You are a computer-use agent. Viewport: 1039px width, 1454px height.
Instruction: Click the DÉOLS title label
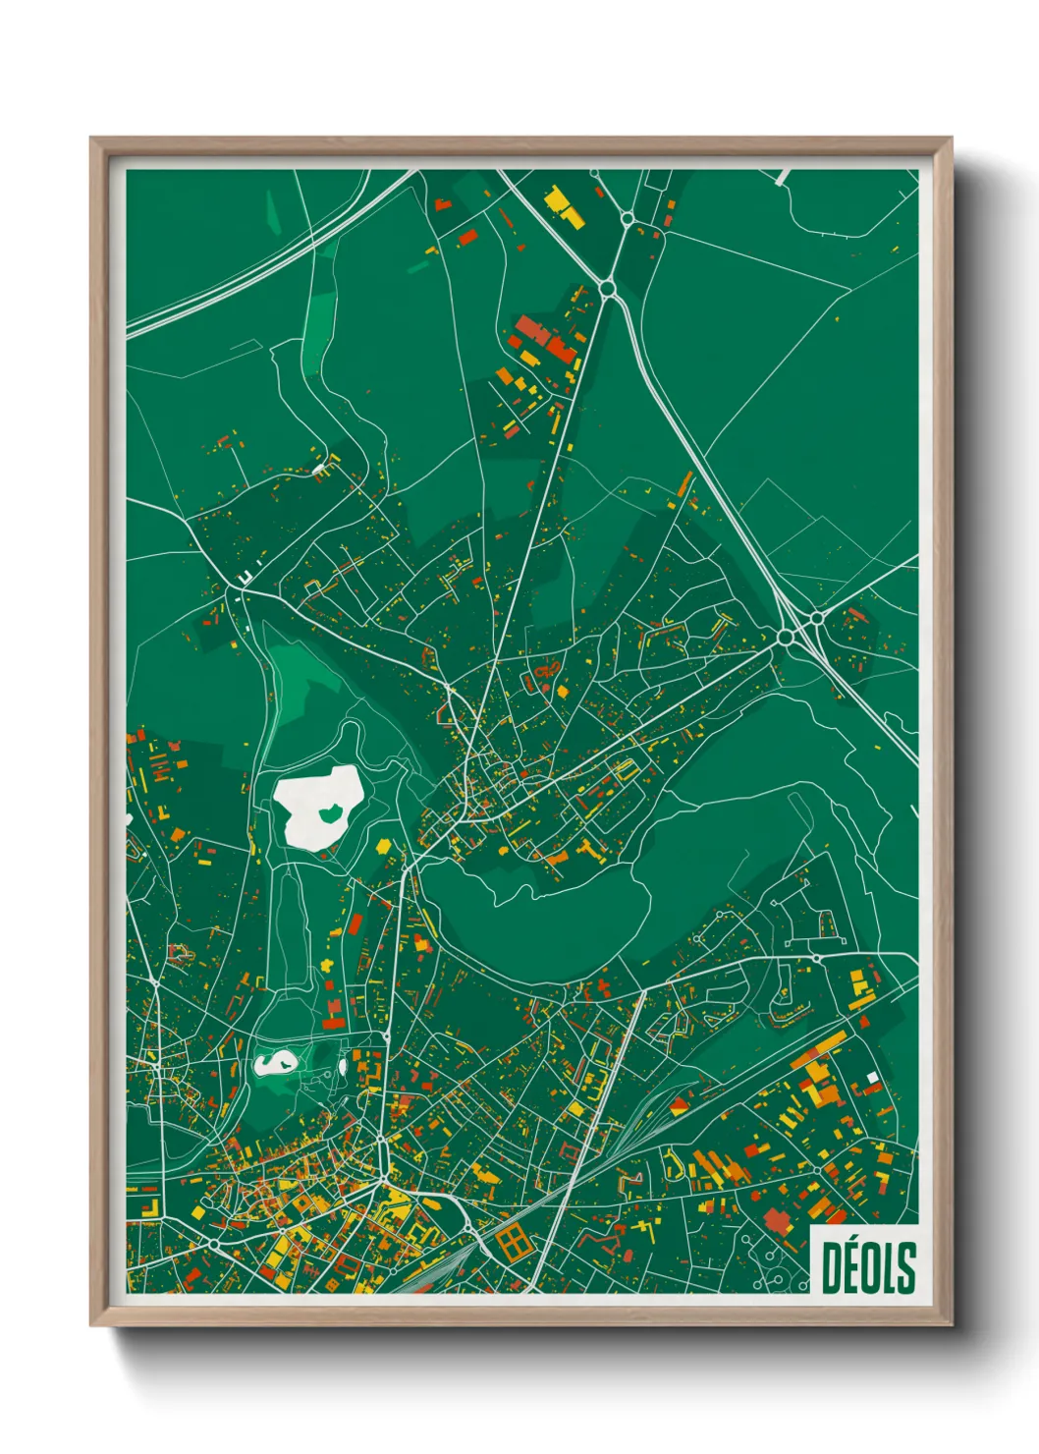[x=868, y=1266]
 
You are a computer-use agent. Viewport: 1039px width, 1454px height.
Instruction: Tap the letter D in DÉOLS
[x=833, y=1267]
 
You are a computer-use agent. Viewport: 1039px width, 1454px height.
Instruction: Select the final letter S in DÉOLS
[x=905, y=1267]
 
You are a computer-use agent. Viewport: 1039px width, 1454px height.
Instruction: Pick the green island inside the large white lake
[x=330, y=811]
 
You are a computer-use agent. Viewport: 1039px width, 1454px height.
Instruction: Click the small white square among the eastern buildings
[x=871, y=1078]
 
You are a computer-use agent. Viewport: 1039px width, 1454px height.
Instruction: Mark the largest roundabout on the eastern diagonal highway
[x=785, y=638]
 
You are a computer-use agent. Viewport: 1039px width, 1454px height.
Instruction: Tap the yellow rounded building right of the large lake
[x=383, y=845]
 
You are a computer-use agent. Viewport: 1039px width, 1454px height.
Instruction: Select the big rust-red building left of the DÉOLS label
[x=778, y=1221]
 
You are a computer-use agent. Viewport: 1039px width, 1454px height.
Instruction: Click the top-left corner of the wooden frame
[x=91, y=139]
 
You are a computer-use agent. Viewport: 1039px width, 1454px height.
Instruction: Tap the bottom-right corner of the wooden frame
[x=951, y=1325]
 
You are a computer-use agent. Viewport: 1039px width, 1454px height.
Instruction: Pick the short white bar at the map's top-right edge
[x=782, y=178]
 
